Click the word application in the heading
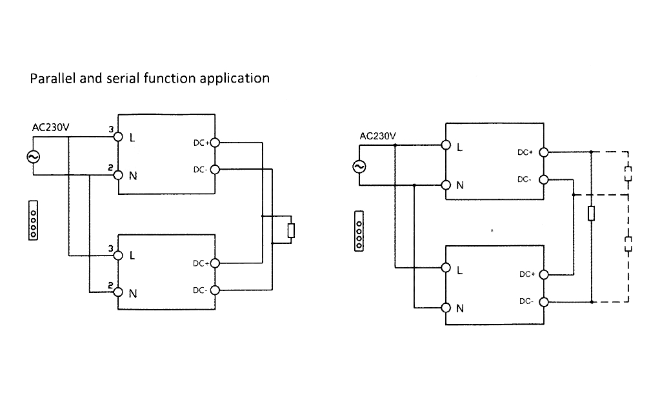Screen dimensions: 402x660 pos(235,79)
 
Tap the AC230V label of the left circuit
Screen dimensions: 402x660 pos(50,127)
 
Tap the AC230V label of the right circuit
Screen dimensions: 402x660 pos(378,136)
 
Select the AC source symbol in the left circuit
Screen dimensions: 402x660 pos(31,156)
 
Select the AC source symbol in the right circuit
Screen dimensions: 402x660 pos(359,166)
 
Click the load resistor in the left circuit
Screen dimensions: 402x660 pos(291,230)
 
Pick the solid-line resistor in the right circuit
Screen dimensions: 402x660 pos(591,214)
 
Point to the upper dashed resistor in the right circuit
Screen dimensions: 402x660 pos(628,174)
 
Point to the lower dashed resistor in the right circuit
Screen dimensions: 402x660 pos(628,244)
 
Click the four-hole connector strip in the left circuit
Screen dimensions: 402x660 pos(34,221)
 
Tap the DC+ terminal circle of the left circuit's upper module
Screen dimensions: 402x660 pos(215,143)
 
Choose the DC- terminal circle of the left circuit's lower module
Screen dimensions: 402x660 pos(215,290)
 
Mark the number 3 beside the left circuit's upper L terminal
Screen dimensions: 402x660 pos(111,130)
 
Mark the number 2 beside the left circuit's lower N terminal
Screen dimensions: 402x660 pos(111,285)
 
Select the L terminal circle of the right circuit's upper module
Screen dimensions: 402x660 pos(446,146)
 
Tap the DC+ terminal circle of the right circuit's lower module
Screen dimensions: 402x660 pos(543,274)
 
